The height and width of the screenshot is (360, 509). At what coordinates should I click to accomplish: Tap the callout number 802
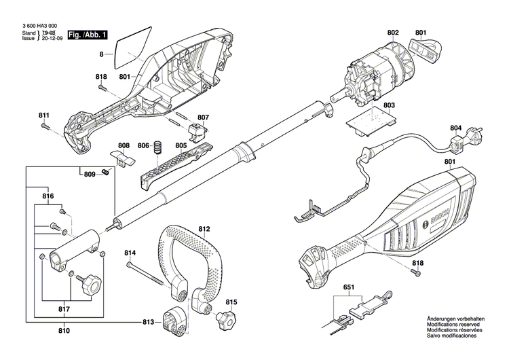pyautogui.click(x=393, y=33)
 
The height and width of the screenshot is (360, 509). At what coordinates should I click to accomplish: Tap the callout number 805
pyautogui.click(x=181, y=145)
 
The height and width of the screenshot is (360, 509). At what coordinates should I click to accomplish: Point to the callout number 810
pyautogui.click(x=64, y=331)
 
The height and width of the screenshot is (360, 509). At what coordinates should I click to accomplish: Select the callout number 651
pyautogui.click(x=347, y=287)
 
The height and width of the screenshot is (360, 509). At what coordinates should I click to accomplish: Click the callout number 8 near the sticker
pyautogui.click(x=102, y=53)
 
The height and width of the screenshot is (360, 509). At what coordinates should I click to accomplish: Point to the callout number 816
pyautogui.click(x=48, y=196)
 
